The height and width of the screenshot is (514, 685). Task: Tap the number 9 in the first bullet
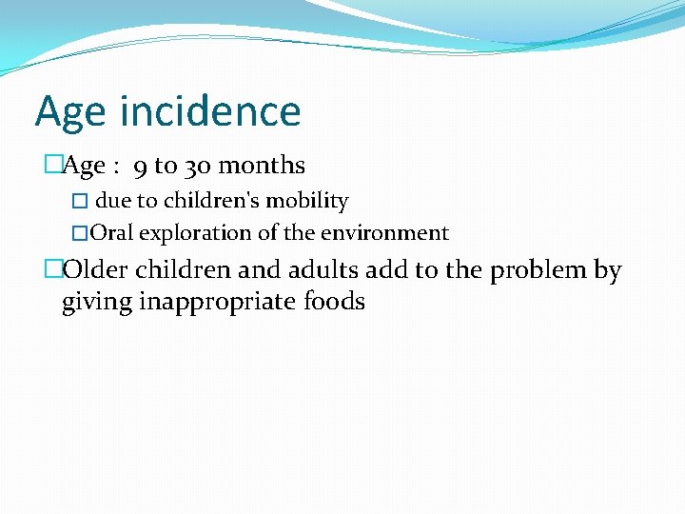140,167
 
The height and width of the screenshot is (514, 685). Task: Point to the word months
262,166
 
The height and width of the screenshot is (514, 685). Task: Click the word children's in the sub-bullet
215,201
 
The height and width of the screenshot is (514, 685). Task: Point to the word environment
390,233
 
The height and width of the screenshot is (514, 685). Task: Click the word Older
96,270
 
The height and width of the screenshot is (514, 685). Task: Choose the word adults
317,270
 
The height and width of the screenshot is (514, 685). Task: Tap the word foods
334,303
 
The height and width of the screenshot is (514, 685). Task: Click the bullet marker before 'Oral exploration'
80,234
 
